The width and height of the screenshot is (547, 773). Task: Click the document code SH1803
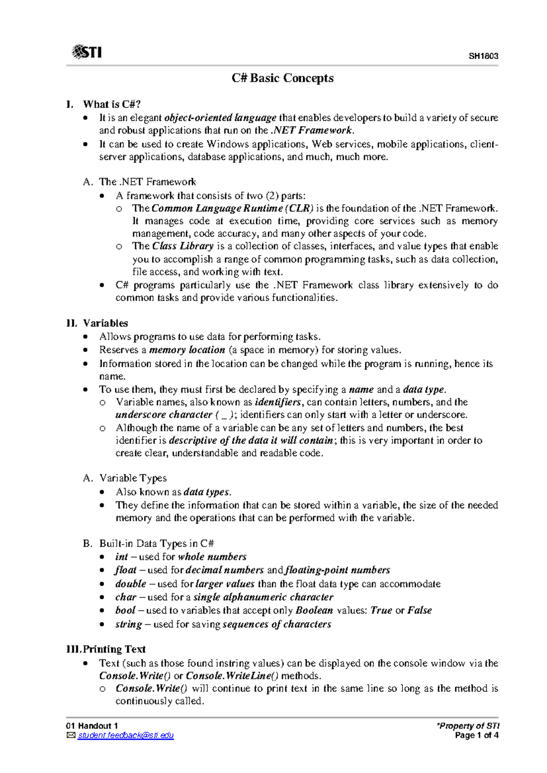point(483,57)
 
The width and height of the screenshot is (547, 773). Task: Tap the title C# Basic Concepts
point(282,78)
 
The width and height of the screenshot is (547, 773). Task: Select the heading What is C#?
point(112,104)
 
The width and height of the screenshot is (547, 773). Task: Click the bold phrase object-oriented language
point(220,118)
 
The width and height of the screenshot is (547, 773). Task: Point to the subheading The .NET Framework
point(147,182)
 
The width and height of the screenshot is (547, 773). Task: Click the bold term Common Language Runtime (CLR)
point(232,208)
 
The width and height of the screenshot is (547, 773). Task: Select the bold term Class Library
point(183,246)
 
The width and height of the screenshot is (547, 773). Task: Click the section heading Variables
point(105,323)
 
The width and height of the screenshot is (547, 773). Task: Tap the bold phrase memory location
point(187,350)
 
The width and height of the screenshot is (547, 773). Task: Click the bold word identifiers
point(278,402)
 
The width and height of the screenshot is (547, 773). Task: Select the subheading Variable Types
point(133,478)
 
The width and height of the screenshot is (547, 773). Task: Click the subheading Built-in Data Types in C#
point(156,543)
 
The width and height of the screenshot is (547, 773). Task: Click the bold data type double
point(131,584)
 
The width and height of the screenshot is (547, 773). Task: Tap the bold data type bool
point(125,610)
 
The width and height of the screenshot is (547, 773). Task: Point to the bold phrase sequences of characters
point(277,624)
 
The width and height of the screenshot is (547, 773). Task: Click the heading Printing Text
point(114,649)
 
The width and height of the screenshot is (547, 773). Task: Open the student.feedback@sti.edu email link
point(125,735)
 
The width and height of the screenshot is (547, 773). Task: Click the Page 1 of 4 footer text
point(476,735)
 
